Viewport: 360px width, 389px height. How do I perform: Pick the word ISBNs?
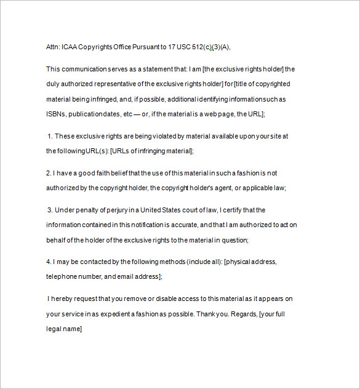[x=56, y=114]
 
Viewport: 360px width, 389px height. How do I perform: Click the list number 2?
[x=48, y=173]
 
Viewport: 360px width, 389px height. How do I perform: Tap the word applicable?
[x=257, y=188]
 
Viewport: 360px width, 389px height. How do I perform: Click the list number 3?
[x=49, y=210]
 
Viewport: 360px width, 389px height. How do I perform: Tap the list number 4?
[x=48, y=262]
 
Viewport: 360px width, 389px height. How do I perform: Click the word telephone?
[x=63, y=277]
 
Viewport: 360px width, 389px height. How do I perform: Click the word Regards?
[x=243, y=314]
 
